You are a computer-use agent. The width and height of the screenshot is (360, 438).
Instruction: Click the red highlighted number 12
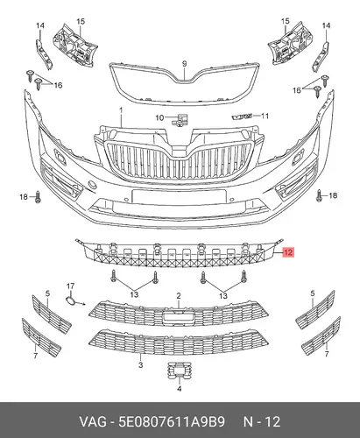click(x=288, y=252)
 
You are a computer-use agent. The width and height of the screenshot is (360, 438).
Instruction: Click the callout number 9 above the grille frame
click(x=184, y=63)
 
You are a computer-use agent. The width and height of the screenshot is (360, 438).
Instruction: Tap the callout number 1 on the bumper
click(x=121, y=110)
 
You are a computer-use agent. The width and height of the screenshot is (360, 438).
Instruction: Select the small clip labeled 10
click(x=180, y=120)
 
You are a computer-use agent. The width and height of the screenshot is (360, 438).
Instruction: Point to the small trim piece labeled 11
click(x=242, y=117)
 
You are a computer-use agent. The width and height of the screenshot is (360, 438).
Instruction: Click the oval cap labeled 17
click(x=70, y=300)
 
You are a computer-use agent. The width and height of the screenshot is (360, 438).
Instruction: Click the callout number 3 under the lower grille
click(x=140, y=364)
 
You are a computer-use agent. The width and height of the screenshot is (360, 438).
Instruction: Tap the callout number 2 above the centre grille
click(x=179, y=296)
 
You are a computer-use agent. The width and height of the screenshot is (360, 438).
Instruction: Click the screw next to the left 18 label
click(x=38, y=197)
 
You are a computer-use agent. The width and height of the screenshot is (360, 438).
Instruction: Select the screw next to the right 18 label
click(x=319, y=195)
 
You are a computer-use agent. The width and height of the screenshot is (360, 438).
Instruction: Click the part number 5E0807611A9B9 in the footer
click(x=172, y=422)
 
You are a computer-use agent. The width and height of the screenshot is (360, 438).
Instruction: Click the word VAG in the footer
click(x=93, y=422)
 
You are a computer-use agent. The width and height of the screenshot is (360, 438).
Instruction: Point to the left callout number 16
click(x=58, y=85)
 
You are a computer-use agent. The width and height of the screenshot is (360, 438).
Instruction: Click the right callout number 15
click(x=286, y=21)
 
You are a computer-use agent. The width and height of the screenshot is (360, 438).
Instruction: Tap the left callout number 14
click(x=40, y=25)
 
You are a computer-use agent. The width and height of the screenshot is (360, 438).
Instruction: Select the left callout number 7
click(x=36, y=356)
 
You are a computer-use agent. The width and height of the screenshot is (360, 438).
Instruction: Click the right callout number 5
click(x=313, y=293)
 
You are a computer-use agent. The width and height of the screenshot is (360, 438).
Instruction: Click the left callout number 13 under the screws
click(x=134, y=294)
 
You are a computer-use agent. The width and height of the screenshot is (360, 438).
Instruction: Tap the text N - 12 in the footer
click(x=262, y=422)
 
